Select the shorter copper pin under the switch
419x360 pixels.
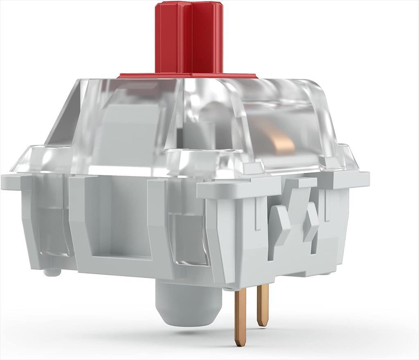coord(262,305)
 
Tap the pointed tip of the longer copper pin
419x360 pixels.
coord(239,342)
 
